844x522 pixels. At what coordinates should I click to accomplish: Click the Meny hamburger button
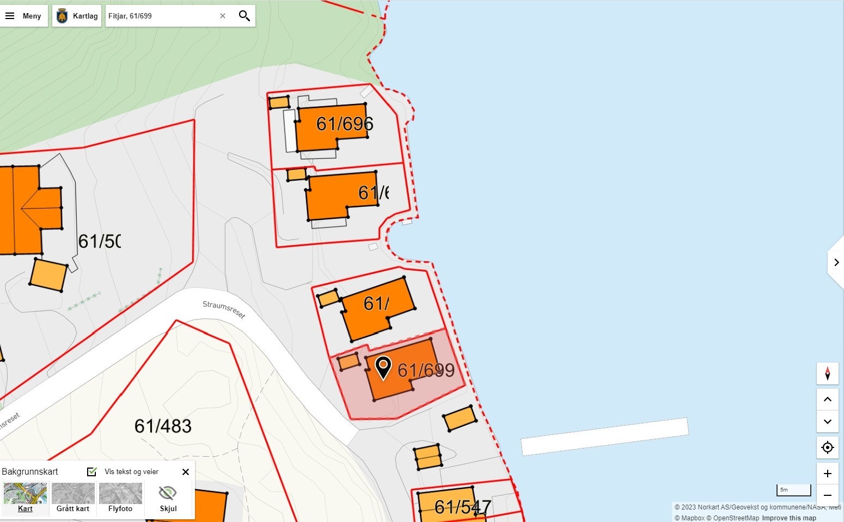23,16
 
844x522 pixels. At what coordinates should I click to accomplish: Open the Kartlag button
77,16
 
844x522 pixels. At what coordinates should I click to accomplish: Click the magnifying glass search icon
244,16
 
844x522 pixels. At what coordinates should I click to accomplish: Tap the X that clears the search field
223,16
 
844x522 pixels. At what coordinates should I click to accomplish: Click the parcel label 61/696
344,124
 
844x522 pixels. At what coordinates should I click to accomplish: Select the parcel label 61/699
426,370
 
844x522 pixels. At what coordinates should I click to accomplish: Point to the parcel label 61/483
163,426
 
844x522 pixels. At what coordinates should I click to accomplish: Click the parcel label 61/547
462,507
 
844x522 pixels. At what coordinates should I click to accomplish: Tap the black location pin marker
383,367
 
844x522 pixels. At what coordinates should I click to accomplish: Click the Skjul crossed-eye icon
168,493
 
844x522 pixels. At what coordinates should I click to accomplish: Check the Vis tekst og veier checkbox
92,471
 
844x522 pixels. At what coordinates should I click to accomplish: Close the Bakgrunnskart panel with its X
186,471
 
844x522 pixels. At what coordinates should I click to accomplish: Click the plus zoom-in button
827,474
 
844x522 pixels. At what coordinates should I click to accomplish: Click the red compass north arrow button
827,373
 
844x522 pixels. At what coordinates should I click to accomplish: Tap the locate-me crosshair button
827,447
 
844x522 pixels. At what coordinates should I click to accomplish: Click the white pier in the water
604,436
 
